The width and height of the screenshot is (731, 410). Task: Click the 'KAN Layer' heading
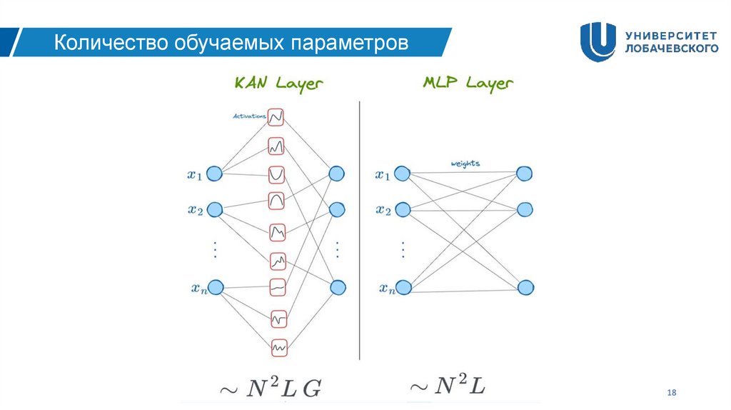278,84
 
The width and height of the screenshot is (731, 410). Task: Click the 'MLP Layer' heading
468,84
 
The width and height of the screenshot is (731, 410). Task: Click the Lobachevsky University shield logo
598,41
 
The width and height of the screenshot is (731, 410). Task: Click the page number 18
670,392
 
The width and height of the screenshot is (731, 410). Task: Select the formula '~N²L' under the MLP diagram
448,387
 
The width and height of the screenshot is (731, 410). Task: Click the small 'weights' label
465,164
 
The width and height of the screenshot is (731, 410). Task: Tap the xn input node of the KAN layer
215,287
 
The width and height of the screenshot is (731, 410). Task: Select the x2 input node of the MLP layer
402,210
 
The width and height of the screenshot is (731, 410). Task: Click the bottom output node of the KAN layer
337,287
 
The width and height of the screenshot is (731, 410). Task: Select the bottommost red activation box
278,346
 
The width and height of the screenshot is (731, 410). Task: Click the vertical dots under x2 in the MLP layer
402,249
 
